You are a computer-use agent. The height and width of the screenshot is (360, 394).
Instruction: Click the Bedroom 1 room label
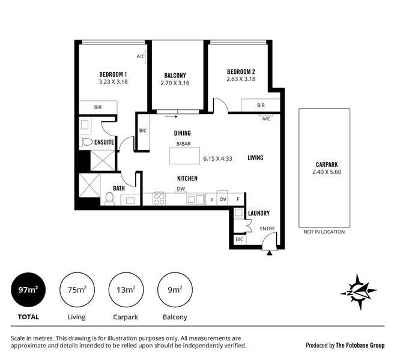coord(113,74)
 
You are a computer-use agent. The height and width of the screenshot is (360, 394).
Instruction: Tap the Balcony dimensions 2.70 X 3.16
coord(175,83)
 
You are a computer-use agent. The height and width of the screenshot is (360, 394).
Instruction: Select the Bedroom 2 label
coord(241,72)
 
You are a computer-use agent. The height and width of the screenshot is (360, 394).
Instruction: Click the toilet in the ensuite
coord(86,142)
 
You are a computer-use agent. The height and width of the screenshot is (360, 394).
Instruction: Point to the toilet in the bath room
coord(109,198)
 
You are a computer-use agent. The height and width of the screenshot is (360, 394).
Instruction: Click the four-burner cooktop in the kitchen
coord(159,199)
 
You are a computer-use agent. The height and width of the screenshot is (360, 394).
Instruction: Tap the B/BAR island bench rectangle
coord(184,155)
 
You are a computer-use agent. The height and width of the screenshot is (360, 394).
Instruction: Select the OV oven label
coord(223,199)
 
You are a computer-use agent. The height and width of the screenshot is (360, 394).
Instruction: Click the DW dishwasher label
coord(181,189)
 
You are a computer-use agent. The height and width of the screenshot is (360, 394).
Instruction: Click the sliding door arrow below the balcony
coord(171,116)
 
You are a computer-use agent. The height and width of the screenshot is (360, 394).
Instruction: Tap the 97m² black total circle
coord(28,290)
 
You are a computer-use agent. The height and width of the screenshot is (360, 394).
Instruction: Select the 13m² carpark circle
coord(126,290)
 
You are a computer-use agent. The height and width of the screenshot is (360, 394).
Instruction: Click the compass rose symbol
coord(359,292)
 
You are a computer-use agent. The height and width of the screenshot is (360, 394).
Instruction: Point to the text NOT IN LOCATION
coord(324,232)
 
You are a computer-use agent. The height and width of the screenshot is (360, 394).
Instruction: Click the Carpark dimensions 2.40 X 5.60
coord(327,172)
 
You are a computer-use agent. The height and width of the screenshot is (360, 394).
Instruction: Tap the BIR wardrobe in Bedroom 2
coord(261,105)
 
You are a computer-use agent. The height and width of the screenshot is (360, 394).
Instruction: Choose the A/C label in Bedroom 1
coord(141,56)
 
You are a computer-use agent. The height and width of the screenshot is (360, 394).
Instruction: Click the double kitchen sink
coord(196,199)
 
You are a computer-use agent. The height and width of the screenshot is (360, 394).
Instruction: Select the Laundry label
coord(259,213)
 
